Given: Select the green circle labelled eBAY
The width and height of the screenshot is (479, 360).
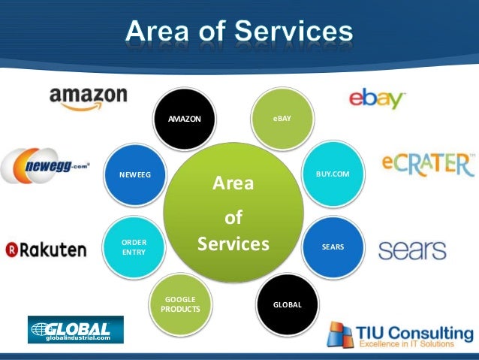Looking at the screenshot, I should point(282,119).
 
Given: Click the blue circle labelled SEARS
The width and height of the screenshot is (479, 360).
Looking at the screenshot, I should point(333,246).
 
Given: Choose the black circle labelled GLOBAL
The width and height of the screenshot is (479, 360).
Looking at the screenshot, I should point(287,304).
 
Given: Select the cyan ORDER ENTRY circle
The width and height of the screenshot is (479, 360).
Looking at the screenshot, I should point(134,248).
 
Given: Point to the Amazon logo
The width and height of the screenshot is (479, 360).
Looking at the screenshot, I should point(88,98).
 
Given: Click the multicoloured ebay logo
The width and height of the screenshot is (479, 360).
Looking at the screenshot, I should point(377,99).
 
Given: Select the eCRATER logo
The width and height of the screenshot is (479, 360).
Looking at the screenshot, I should point(427,165).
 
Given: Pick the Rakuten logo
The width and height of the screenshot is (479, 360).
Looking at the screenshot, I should point(46,249).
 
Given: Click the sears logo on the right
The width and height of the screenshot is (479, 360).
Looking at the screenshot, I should point(412,250).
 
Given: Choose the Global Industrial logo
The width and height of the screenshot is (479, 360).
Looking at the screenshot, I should point(75,330).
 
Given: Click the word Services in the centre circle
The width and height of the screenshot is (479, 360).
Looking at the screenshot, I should point(233,244).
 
